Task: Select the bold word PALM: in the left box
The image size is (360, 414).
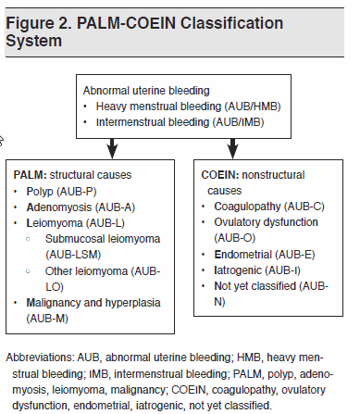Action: (x=32, y=173)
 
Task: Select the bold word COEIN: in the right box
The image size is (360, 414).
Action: (x=224, y=173)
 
